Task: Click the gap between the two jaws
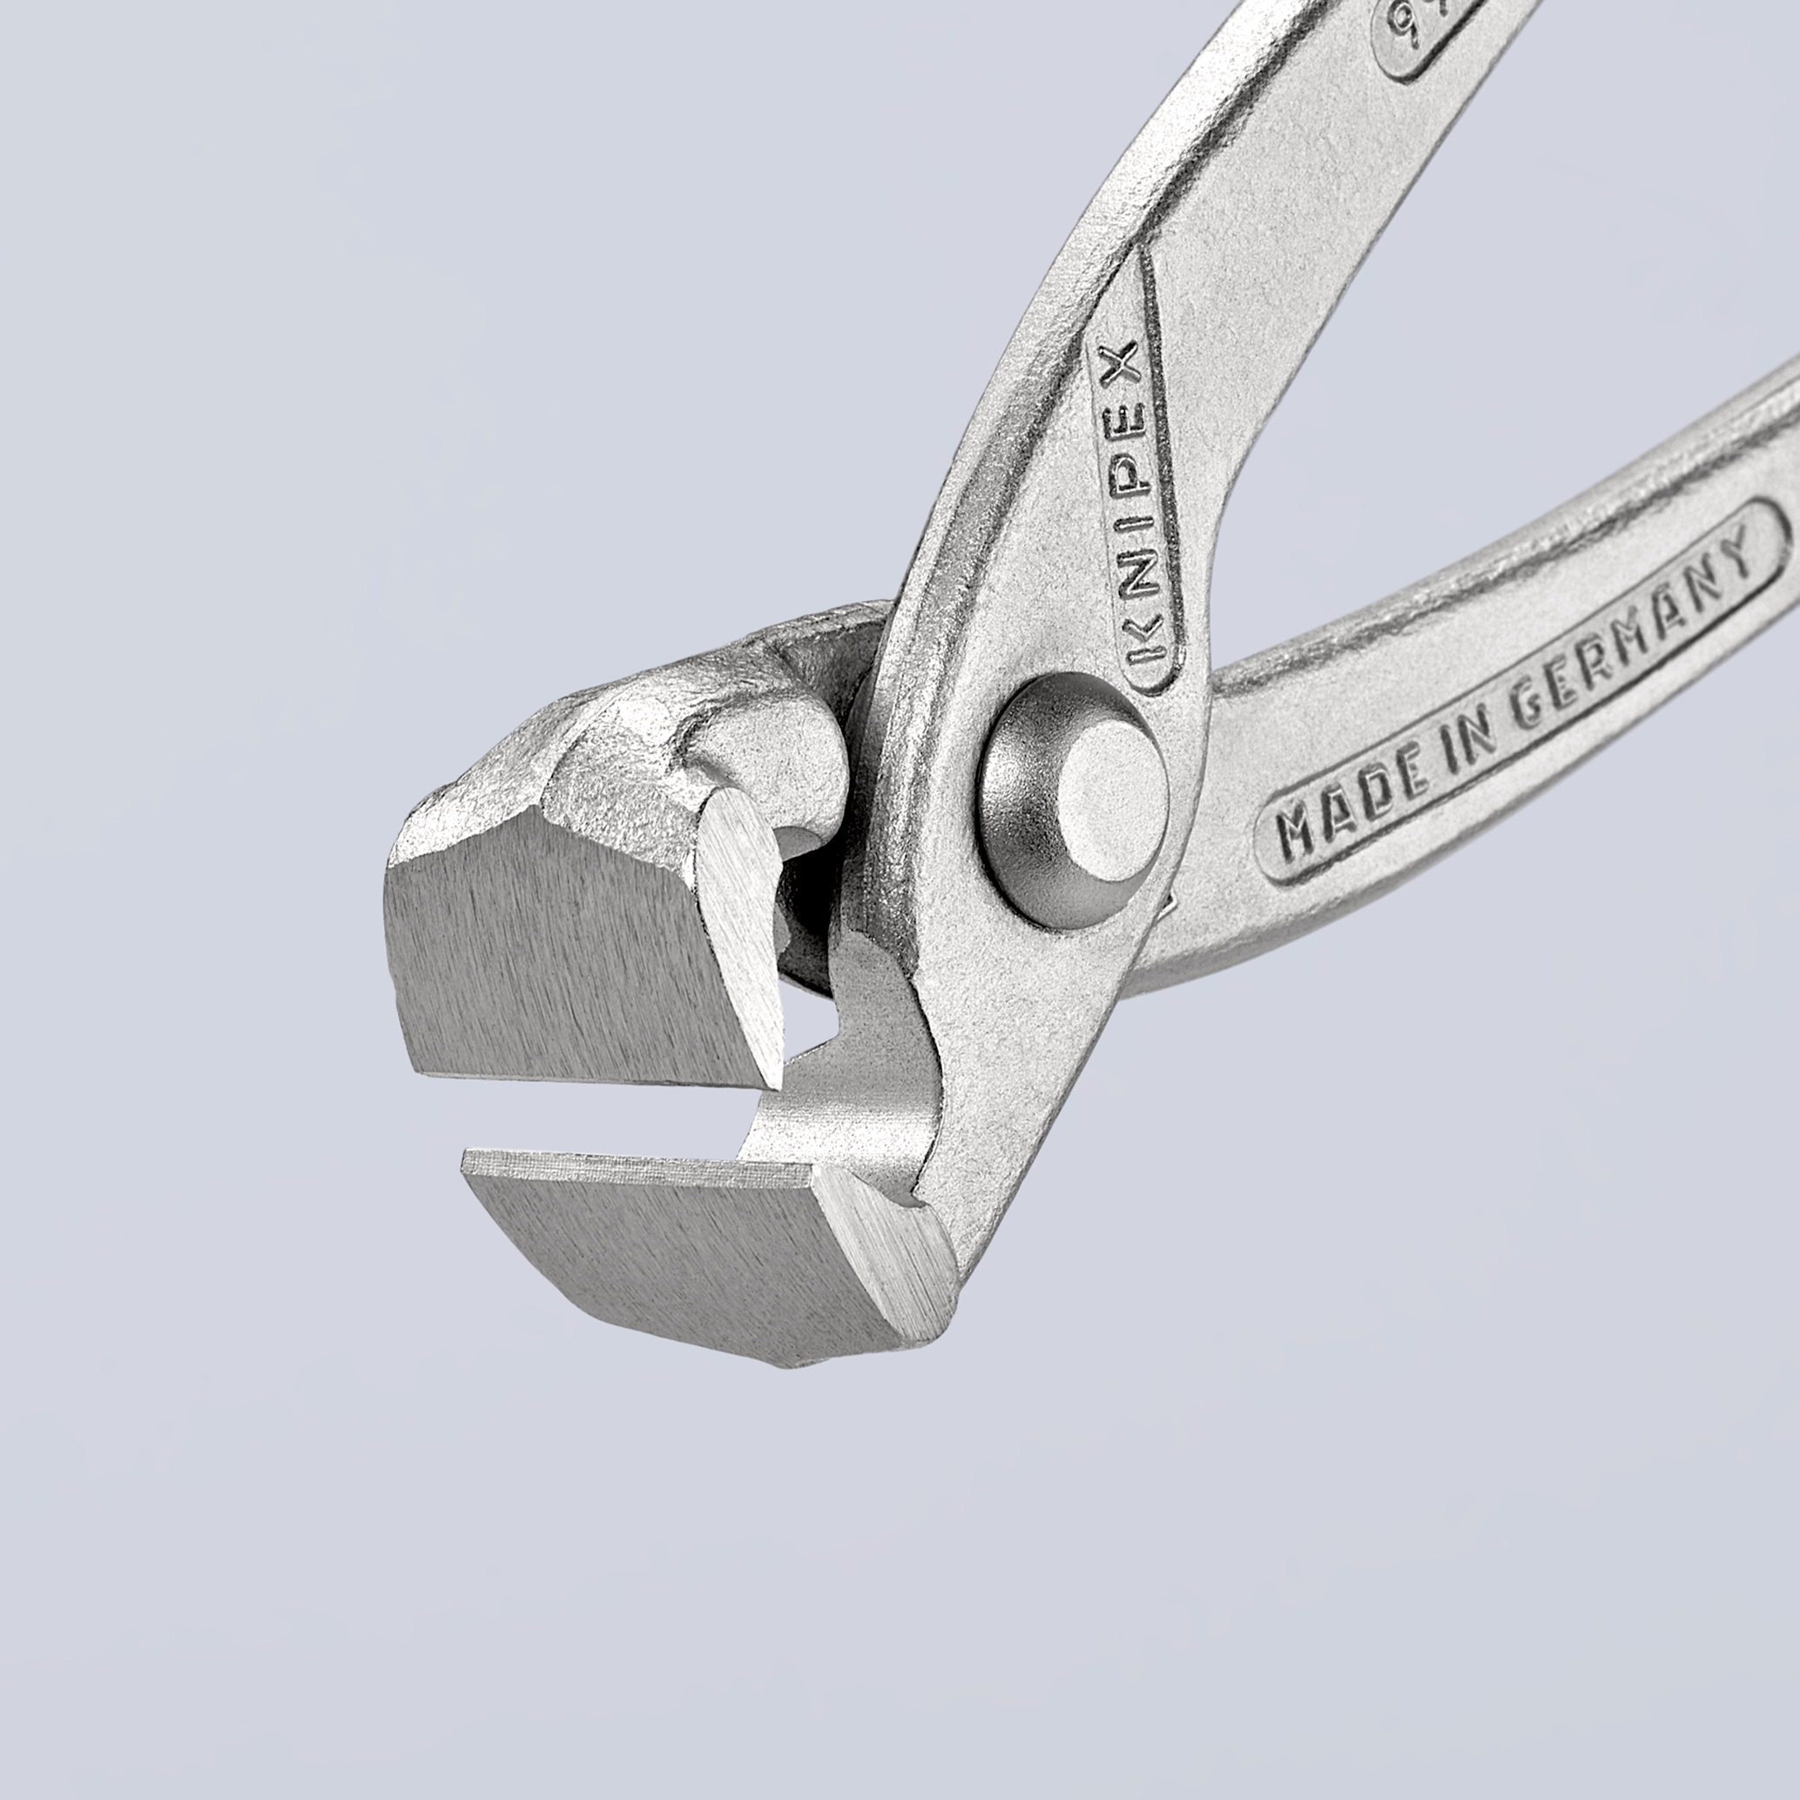tap(605, 1118)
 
